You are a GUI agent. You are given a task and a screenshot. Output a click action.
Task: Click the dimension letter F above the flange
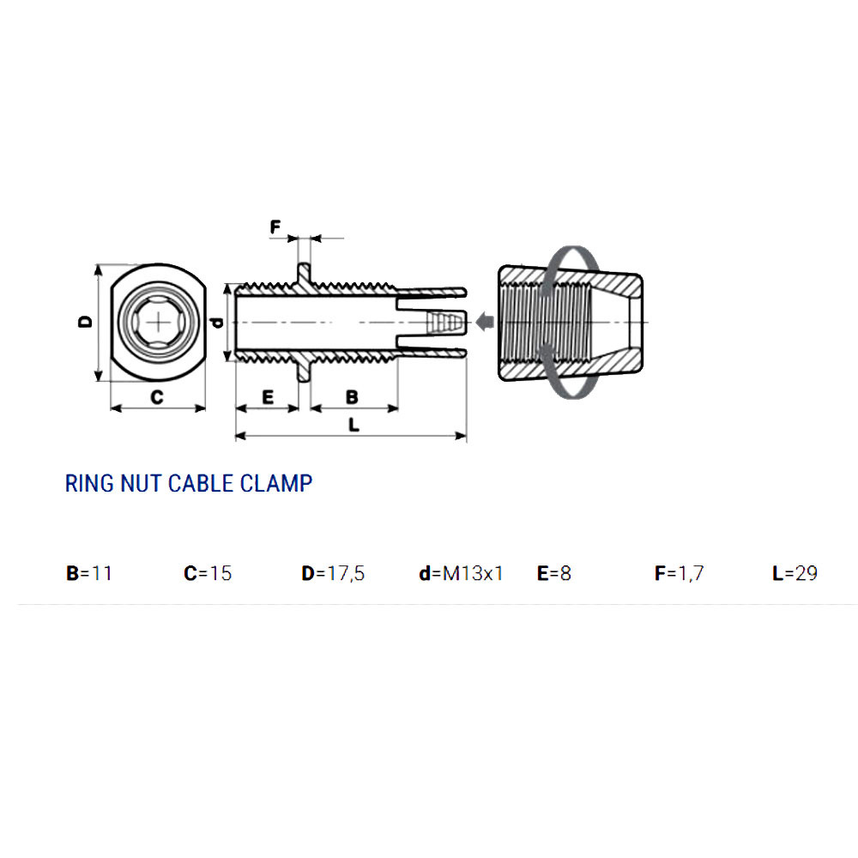click(x=275, y=227)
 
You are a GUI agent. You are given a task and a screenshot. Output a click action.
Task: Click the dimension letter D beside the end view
click(x=86, y=322)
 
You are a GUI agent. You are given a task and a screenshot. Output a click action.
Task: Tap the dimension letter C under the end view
click(x=157, y=396)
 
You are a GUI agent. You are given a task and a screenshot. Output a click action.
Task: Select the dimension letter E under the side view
click(x=268, y=396)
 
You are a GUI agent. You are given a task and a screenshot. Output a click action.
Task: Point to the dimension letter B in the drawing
click(x=352, y=396)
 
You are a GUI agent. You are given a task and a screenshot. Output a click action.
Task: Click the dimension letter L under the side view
click(x=354, y=425)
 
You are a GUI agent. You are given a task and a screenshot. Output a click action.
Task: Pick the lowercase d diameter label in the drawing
click(x=218, y=323)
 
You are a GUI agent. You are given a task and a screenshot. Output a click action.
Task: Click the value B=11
click(x=89, y=573)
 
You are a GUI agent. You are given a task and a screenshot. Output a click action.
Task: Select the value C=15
click(x=208, y=573)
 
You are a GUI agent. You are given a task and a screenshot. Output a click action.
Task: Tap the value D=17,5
click(x=333, y=573)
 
